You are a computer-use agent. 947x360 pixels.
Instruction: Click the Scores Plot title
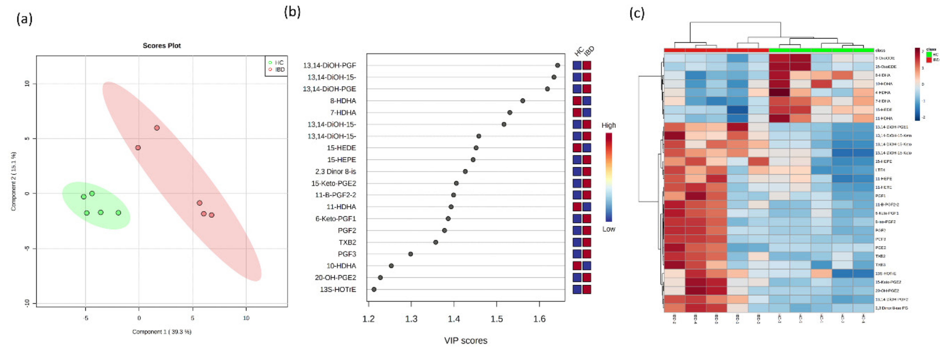[x=162, y=46]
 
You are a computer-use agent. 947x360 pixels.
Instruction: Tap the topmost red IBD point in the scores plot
[x=157, y=128]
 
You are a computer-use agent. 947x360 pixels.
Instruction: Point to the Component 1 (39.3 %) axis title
[x=162, y=332]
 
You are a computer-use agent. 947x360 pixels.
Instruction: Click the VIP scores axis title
[x=466, y=340]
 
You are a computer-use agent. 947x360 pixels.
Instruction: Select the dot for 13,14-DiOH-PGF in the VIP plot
[x=557, y=66]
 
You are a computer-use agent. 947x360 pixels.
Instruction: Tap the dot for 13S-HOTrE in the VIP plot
[x=374, y=289]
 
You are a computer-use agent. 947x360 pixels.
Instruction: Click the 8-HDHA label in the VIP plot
[x=343, y=101]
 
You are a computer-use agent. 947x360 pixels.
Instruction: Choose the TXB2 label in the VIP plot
[x=347, y=242]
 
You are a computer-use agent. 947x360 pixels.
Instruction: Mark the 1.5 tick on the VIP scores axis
[x=497, y=318]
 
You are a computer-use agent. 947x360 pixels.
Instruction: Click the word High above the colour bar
[x=608, y=125]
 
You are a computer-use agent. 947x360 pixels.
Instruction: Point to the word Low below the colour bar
[x=608, y=229]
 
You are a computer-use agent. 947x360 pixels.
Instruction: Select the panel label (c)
[x=637, y=14]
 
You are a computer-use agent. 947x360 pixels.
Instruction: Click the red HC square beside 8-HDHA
[x=577, y=101]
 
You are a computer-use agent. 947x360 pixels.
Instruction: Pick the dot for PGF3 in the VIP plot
[x=411, y=254]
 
